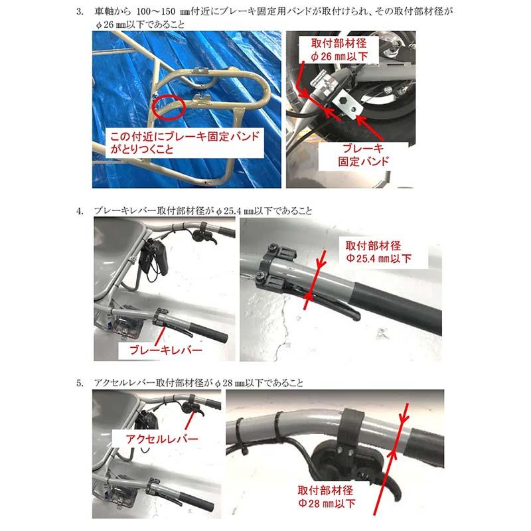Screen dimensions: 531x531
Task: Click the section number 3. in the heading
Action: click(80, 12)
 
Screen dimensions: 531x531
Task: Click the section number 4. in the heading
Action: click(80, 210)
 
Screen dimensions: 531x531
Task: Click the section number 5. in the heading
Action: click(80, 383)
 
